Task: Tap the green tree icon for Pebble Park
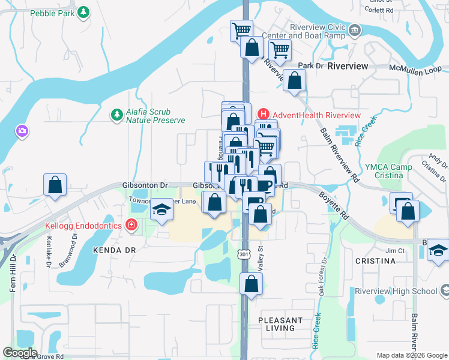click(85, 11)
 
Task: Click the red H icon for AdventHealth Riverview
click(263, 115)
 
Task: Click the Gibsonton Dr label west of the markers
click(145, 185)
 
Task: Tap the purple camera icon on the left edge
click(22, 130)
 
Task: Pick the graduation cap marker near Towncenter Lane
click(160, 210)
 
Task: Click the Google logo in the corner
click(20, 353)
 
